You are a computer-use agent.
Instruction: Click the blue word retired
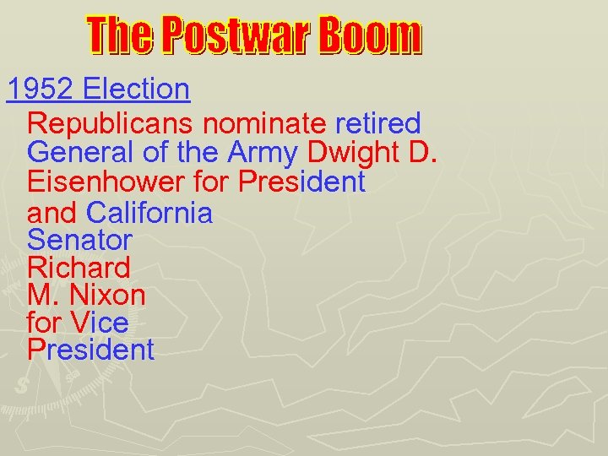(x=377, y=124)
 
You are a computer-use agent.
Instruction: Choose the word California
(x=149, y=212)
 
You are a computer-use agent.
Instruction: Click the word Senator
(x=79, y=240)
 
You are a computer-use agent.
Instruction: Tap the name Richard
(x=79, y=268)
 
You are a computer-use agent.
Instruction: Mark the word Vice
(x=100, y=322)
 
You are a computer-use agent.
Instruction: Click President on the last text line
(x=91, y=350)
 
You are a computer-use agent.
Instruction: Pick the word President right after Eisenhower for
(x=301, y=182)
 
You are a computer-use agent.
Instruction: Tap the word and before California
(x=53, y=212)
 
